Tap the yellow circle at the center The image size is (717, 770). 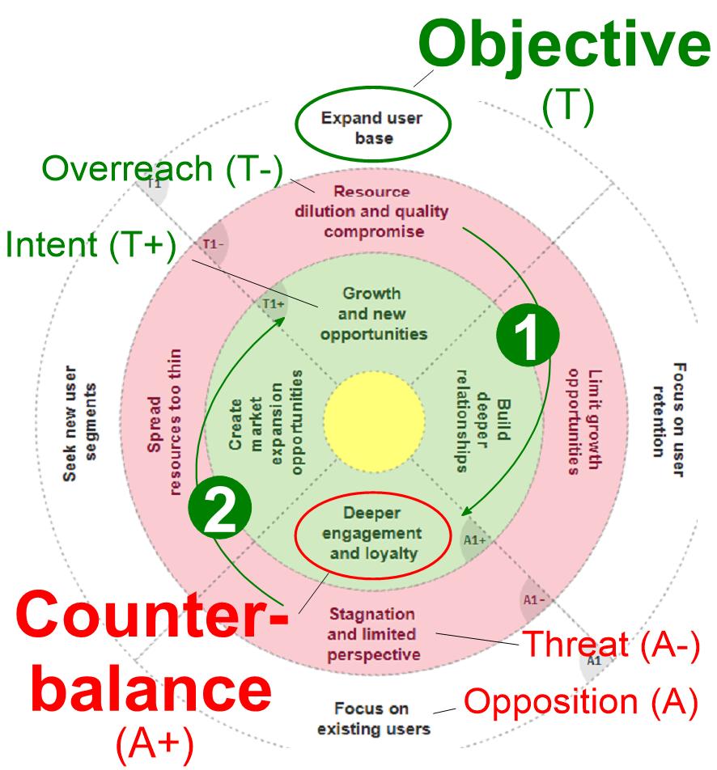tap(374, 417)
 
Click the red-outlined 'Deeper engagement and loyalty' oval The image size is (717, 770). tap(371, 535)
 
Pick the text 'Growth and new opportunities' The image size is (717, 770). tap(371, 313)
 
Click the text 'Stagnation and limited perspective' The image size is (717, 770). tap(373, 635)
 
